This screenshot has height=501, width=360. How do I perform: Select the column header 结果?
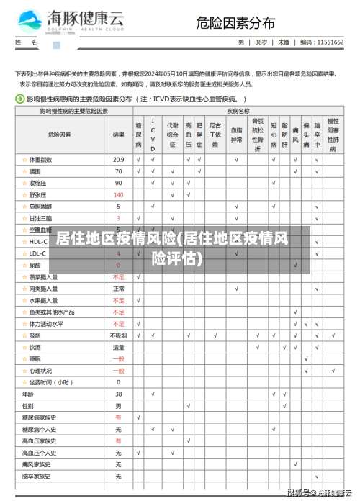click(x=119, y=134)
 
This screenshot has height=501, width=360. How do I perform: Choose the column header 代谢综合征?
click(x=172, y=134)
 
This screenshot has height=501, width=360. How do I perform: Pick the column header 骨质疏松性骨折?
click(x=258, y=134)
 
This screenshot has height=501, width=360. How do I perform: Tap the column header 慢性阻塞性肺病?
click(x=333, y=135)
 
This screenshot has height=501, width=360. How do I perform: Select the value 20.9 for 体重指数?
click(x=119, y=159)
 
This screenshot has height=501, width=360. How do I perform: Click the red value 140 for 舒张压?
click(x=119, y=194)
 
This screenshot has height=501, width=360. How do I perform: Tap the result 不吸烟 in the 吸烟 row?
click(x=119, y=335)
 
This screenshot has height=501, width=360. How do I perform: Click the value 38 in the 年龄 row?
click(x=119, y=394)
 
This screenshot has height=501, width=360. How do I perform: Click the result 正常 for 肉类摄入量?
click(x=119, y=289)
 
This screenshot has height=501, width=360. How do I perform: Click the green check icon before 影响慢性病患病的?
click(x=20, y=99)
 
